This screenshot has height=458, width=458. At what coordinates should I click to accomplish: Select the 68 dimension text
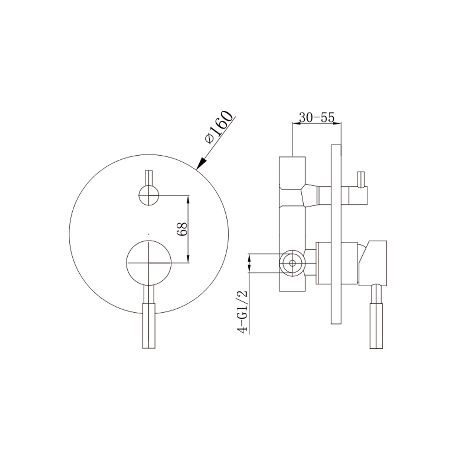click(x=183, y=229)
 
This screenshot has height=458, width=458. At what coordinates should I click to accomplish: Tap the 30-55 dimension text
click(x=316, y=117)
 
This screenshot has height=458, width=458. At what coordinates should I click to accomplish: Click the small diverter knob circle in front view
click(x=148, y=196)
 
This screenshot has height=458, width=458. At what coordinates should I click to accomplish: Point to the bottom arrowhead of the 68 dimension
click(x=188, y=259)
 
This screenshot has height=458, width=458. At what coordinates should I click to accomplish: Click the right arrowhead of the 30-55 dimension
click(x=338, y=123)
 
